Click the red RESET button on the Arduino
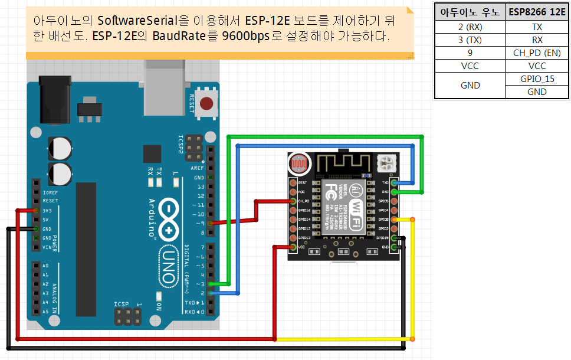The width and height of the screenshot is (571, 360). point(206,104)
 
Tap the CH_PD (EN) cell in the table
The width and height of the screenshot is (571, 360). point(536,53)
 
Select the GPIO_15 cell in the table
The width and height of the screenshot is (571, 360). point(536,78)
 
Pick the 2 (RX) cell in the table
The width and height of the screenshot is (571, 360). point(470,27)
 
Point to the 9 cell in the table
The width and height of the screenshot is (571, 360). point(470,53)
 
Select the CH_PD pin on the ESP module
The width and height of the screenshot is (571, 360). point(293,201)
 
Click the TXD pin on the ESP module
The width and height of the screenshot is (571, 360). point(394,183)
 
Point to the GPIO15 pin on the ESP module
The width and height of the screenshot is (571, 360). point(394,238)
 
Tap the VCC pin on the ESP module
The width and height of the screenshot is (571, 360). point(293,247)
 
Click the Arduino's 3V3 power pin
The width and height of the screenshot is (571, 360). point(37,210)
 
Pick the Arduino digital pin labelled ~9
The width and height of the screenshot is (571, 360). point(211,224)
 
